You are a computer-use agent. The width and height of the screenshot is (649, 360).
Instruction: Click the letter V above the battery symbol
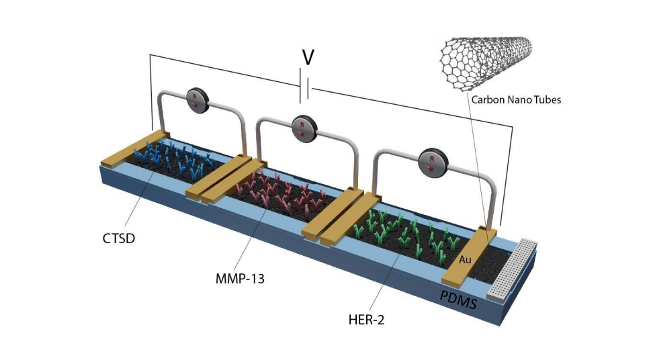[x=308, y=58]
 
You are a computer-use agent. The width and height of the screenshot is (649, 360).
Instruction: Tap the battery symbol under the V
[x=305, y=89]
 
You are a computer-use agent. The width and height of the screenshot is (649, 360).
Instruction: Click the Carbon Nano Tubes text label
[x=516, y=99]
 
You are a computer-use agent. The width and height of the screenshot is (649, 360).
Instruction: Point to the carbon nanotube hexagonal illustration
[x=486, y=53]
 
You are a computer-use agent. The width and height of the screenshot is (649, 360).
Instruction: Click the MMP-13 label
[x=240, y=277]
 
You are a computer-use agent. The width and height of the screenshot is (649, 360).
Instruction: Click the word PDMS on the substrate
[x=458, y=299]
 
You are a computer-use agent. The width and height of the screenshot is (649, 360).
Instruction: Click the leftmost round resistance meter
[x=198, y=100]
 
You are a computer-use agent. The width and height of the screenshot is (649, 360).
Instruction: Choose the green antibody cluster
[x=403, y=234]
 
